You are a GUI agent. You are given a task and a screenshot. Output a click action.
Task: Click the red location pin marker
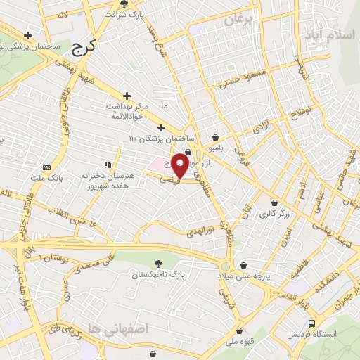point(180,165)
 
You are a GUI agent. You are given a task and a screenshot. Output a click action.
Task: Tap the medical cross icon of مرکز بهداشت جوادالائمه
point(127,96)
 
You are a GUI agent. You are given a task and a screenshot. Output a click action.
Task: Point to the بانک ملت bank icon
point(46,167)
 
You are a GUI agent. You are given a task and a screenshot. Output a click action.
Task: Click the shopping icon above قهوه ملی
point(240,330)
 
